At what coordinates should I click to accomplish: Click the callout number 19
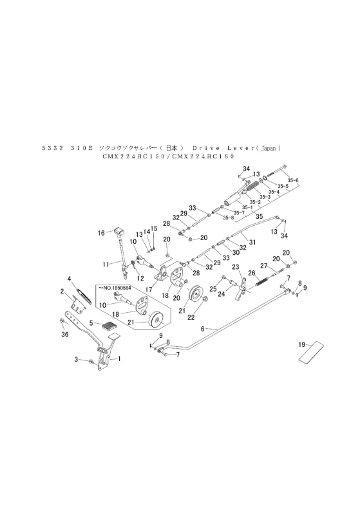[x=301, y=346]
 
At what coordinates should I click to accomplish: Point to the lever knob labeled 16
[x=119, y=230]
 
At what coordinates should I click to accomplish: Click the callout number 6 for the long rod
[x=203, y=328]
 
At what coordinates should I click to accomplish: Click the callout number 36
[x=64, y=335]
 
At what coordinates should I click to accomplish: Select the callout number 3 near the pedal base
[x=76, y=359]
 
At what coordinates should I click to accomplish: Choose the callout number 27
[x=263, y=266]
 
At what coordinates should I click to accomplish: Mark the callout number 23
[x=236, y=267]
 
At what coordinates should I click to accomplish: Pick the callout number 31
[x=252, y=241]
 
